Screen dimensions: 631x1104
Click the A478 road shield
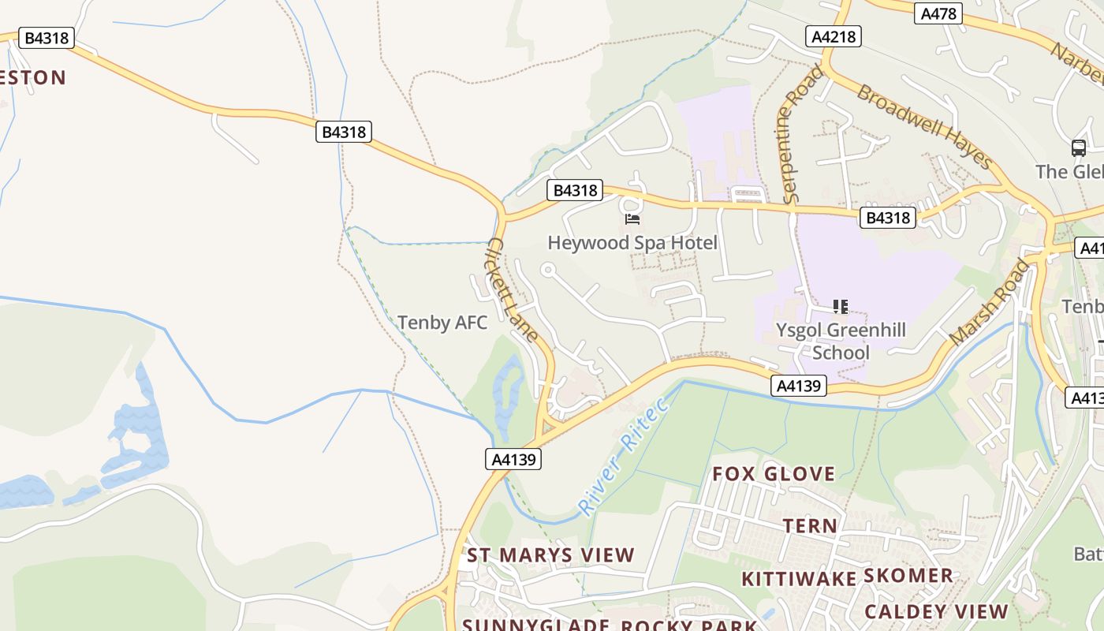click(x=938, y=13)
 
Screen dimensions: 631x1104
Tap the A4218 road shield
click(x=833, y=36)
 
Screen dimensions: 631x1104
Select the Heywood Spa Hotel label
click(x=632, y=242)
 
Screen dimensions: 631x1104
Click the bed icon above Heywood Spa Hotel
click(x=632, y=218)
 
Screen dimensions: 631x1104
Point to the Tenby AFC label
click(x=442, y=322)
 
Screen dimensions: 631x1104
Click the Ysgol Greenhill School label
click(x=841, y=341)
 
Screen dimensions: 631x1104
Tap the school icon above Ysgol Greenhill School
click(x=841, y=306)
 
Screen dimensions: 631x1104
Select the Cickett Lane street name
click(x=513, y=289)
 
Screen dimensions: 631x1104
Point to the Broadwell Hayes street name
click(x=923, y=126)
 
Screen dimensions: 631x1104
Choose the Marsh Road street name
click(x=990, y=302)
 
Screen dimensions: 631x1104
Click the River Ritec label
click(x=623, y=455)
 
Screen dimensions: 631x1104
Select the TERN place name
click(x=810, y=525)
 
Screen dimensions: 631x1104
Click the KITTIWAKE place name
click(x=799, y=579)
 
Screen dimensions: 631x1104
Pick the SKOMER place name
click(x=908, y=576)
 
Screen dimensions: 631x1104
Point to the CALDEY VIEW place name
click(x=936, y=611)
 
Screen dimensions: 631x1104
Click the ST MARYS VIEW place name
click(x=550, y=555)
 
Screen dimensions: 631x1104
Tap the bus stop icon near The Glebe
click(x=1078, y=147)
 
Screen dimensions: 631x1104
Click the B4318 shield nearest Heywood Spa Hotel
click(x=575, y=190)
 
